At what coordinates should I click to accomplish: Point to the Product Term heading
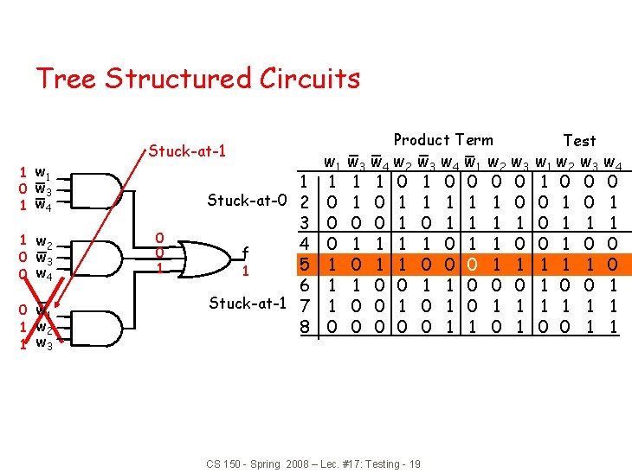pyautogui.click(x=443, y=140)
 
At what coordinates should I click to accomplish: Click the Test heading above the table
pyautogui.click(x=579, y=140)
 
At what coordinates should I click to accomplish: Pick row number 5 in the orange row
pyautogui.click(x=304, y=262)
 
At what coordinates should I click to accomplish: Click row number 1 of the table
pyautogui.click(x=304, y=182)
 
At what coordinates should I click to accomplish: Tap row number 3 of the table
pyautogui.click(x=304, y=222)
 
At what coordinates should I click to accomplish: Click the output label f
pyautogui.click(x=246, y=253)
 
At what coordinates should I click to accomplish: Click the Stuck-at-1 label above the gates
pyautogui.click(x=187, y=152)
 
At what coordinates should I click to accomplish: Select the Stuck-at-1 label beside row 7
pyautogui.click(x=247, y=304)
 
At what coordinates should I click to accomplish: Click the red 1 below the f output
pyautogui.click(x=247, y=272)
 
